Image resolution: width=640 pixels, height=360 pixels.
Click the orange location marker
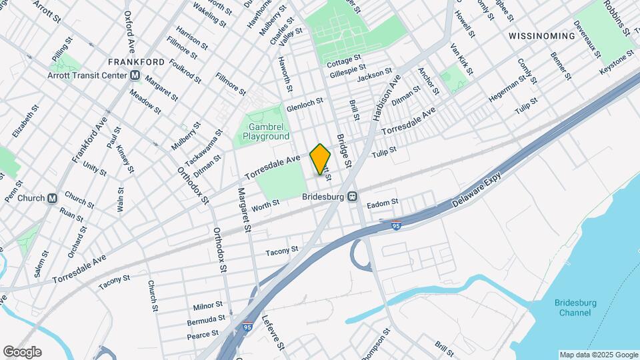[x=320, y=159]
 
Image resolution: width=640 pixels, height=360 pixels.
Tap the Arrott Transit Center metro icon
[x=135, y=75]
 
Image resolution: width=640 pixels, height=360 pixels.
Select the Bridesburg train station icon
[x=353, y=197]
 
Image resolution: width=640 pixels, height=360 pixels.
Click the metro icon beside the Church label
[x=53, y=198]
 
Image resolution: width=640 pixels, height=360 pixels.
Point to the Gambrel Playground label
[x=266, y=131]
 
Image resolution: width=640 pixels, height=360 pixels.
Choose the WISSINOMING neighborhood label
[x=541, y=35]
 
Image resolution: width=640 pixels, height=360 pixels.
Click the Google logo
[x=22, y=352]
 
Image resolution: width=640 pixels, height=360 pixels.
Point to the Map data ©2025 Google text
[x=598, y=355]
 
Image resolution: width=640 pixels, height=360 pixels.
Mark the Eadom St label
[x=382, y=201]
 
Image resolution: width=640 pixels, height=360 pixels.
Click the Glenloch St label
[x=304, y=105]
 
